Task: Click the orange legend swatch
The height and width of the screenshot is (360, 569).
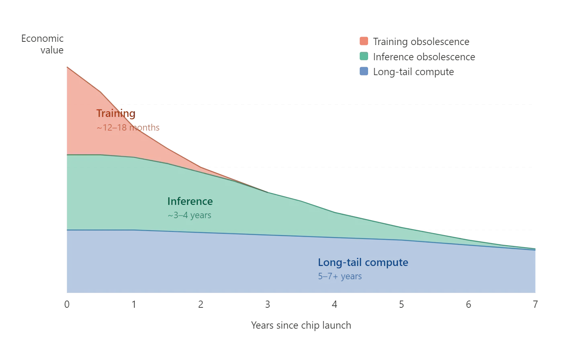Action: [363, 41]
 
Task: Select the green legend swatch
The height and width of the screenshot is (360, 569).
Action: [363, 57]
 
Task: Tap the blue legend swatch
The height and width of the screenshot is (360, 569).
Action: [363, 72]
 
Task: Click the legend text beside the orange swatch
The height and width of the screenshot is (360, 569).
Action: [420, 41]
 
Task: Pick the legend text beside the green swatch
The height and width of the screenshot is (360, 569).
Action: [424, 57]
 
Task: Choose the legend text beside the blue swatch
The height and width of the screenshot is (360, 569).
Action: [414, 73]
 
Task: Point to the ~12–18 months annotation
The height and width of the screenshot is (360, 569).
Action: [128, 128]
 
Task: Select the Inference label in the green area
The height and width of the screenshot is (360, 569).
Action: [190, 201]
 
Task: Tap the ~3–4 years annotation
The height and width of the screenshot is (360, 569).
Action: [189, 216]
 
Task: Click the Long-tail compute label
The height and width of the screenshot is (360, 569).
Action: [363, 262]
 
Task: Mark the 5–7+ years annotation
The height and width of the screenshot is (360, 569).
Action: [340, 276]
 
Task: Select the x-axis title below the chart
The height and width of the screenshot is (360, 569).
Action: [302, 325]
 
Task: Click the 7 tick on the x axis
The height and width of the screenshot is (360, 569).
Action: [535, 304]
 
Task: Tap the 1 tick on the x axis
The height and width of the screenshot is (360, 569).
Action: [133, 304]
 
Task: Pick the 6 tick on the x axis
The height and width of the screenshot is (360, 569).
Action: [468, 304]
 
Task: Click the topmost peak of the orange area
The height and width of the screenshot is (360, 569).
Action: [66, 67]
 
